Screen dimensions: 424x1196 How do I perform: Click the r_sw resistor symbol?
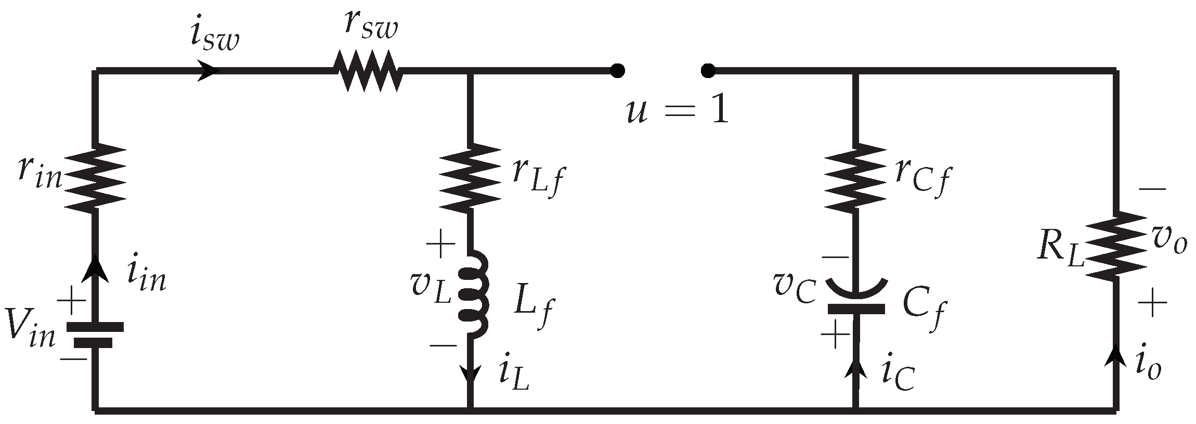point(367,71)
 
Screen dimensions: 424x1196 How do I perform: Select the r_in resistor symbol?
point(95,178)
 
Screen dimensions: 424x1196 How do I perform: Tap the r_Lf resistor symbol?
point(471,178)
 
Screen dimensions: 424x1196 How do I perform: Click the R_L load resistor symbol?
point(1115,246)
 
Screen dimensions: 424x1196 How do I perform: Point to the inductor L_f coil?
point(473,294)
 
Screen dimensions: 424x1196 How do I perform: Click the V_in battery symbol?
point(95,334)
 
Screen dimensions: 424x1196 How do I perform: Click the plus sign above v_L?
point(440,245)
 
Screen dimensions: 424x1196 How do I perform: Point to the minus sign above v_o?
point(1151,190)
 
